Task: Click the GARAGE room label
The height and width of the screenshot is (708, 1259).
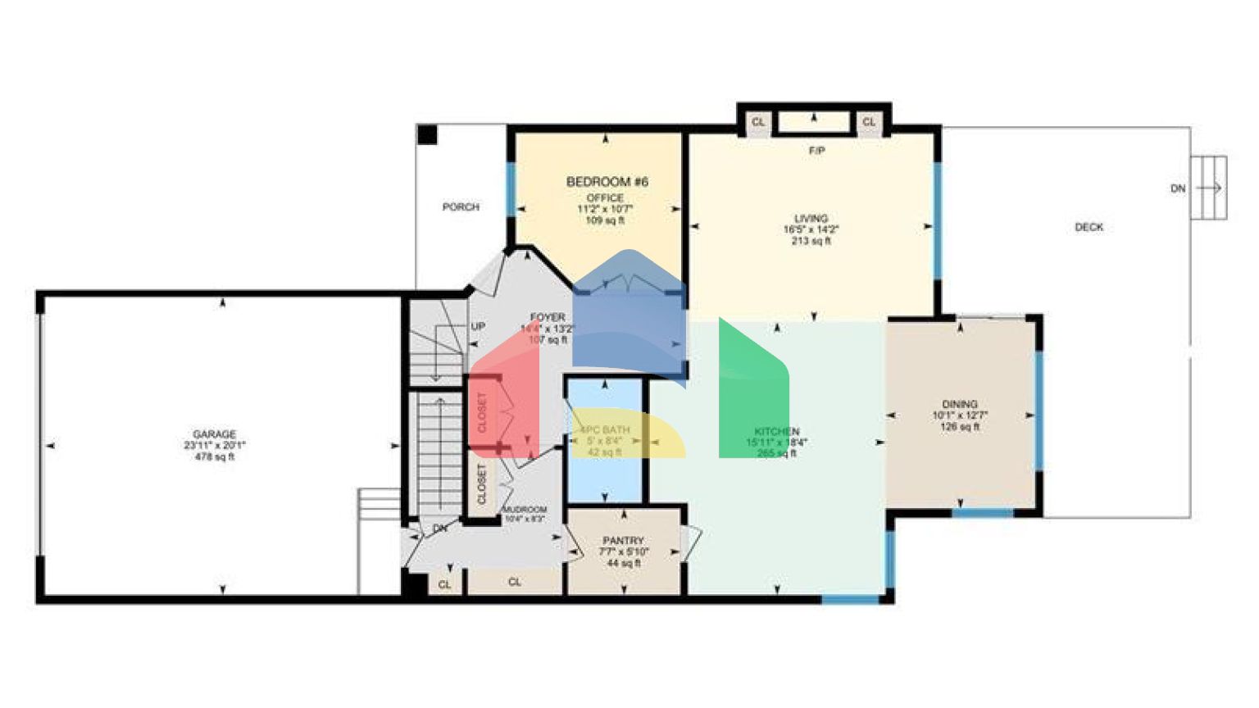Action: point(214,434)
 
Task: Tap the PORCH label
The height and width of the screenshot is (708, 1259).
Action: point(461,207)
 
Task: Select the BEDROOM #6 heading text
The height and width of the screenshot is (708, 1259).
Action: point(607,182)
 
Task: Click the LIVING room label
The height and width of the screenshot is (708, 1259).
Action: point(811,219)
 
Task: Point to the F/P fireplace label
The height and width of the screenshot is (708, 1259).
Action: point(816,152)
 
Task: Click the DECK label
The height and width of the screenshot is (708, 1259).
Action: point(1089,227)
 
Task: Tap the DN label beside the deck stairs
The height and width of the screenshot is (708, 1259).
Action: point(1178,188)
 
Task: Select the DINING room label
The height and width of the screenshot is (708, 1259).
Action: point(959,404)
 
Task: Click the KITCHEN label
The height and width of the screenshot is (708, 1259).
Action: point(776,431)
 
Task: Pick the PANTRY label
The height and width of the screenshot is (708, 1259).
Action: point(623,541)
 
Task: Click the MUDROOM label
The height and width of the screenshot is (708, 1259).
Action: point(524,510)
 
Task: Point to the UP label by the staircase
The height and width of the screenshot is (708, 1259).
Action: point(478,326)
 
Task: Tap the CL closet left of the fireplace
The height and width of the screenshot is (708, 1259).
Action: point(758,122)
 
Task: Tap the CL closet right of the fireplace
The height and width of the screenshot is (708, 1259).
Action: point(869,122)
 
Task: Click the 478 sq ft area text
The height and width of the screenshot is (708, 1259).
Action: point(214,457)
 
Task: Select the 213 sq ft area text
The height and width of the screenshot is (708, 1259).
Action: point(811,242)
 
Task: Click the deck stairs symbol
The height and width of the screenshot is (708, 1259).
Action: point(1208,188)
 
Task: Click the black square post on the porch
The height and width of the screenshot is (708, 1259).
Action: point(427,134)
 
